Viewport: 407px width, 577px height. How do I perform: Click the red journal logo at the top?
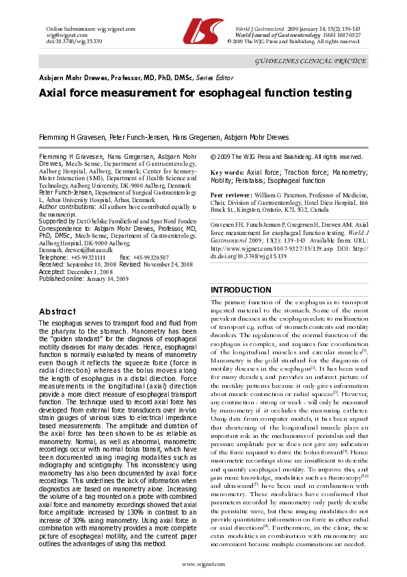203,28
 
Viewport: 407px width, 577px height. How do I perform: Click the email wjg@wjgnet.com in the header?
62,34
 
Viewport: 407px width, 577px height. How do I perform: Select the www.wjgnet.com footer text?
203,563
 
